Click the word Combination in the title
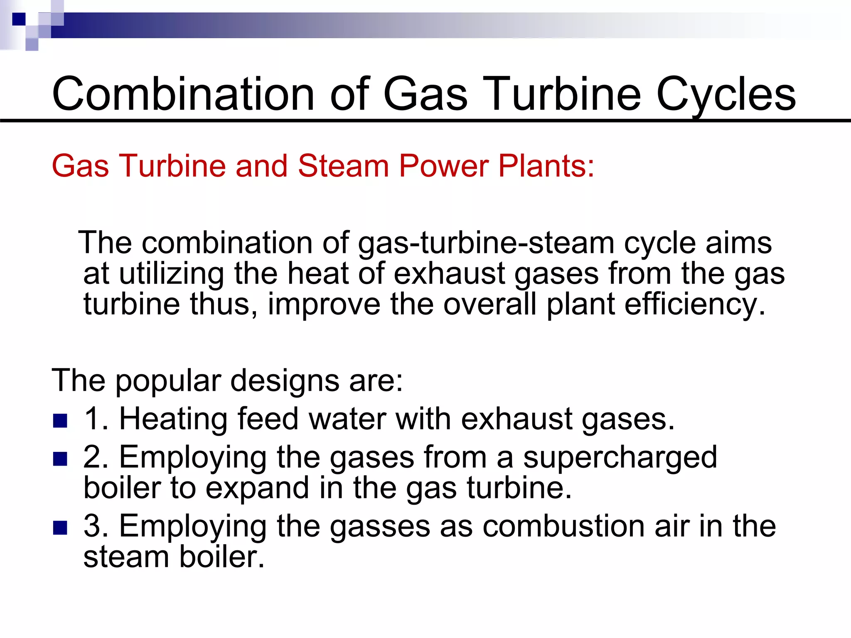pyautogui.click(x=183, y=94)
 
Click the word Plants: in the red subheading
pyautogui.click(x=546, y=166)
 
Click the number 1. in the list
pyautogui.click(x=96, y=419)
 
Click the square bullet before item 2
pyautogui.click(x=60, y=459)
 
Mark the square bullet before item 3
pyautogui.click(x=60, y=528)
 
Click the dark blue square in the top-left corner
pyautogui.click(x=19, y=19)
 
